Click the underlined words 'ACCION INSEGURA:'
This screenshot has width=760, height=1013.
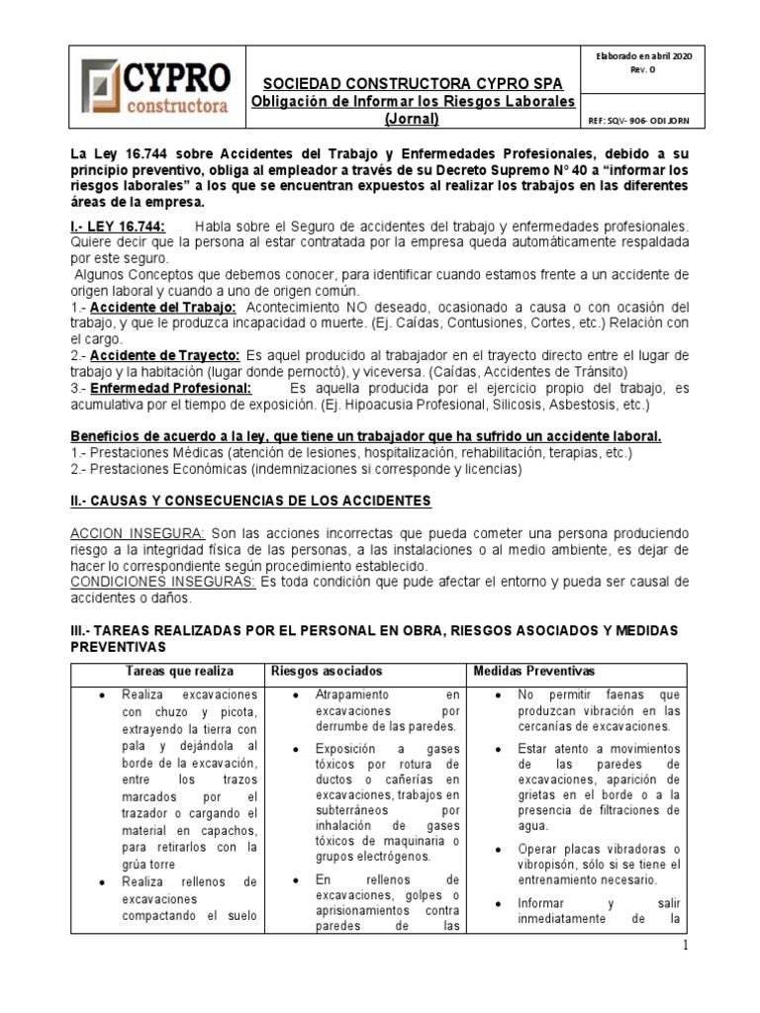(138, 533)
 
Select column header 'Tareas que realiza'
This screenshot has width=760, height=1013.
(167, 672)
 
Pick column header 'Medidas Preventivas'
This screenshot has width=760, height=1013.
(534, 672)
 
